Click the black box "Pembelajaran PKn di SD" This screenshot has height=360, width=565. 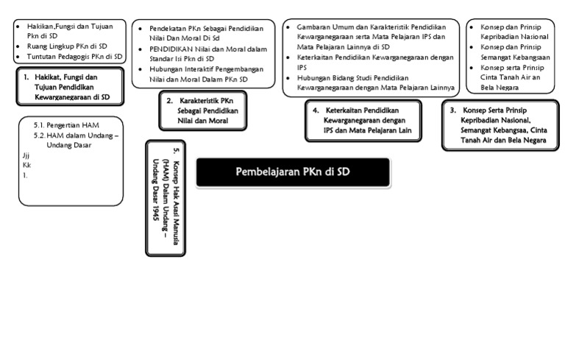(x=293, y=172)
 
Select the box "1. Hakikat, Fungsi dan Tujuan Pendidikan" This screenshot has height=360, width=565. (x=70, y=87)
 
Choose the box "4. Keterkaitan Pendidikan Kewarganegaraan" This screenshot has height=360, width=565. (x=363, y=121)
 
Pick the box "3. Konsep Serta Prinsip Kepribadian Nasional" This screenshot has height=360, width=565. (x=498, y=126)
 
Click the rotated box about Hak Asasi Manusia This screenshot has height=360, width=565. (x=166, y=197)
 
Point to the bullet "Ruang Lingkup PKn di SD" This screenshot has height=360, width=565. (x=66, y=46)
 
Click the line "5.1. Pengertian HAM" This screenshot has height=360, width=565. (x=66, y=125)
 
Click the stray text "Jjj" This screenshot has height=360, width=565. (x=26, y=156)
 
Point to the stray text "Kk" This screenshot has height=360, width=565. (x=26, y=166)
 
